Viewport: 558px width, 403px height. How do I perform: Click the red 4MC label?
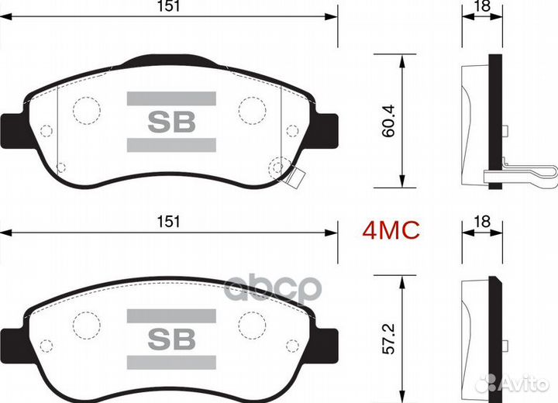(392, 229)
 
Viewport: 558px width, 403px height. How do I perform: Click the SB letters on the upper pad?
(170, 122)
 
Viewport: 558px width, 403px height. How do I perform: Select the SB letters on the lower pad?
(170, 338)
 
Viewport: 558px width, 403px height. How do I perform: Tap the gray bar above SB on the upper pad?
(170, 98)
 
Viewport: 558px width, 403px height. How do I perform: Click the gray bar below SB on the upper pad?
(170, 145)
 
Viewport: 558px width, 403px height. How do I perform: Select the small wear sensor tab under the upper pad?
(292, 179)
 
